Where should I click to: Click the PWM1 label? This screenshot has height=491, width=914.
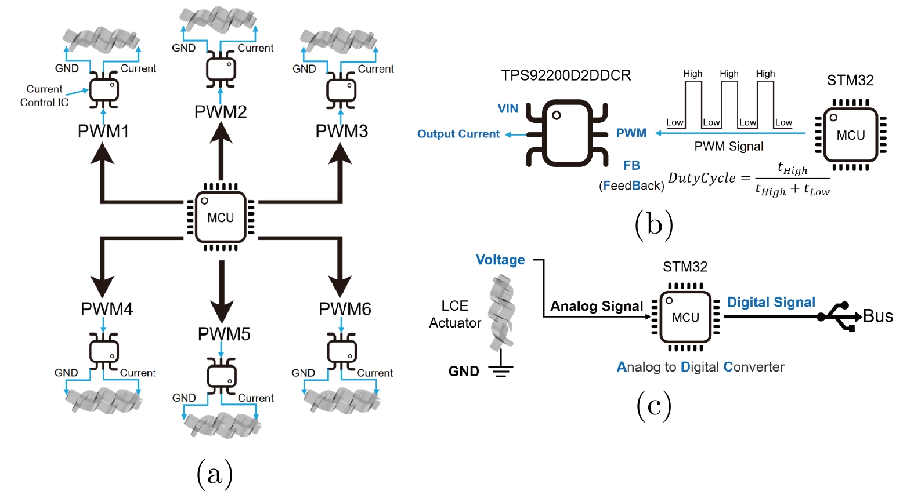tap(103, 132)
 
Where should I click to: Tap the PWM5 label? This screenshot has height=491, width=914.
tap(224, 334)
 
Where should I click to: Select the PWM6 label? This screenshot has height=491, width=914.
tap(345, 309)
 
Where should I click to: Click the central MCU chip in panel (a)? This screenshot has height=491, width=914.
tap(221, 217)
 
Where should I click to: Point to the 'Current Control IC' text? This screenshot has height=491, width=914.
tap(44, 96)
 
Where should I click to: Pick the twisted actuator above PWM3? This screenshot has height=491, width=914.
tap(338, 41)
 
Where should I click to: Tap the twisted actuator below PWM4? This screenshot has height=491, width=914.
tap(104, 401)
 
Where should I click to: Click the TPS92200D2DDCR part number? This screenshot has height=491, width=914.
tap(566, 75)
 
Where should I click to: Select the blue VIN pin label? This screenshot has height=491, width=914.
tap(508, 108)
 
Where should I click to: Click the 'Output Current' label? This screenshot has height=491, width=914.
tap(458, 134)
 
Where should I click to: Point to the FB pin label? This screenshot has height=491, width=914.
tap(631, 166)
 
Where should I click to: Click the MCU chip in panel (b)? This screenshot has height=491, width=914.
tap(850, 135)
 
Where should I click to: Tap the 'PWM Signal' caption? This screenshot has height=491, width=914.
tap(729, 147)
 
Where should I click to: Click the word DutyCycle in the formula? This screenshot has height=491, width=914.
tap(702, 178)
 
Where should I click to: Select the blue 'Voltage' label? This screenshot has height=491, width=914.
tap(500, 260)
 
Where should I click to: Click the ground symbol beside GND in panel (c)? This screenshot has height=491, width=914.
tap(501, 370)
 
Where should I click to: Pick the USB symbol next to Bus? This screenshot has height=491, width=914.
tap(839, 317)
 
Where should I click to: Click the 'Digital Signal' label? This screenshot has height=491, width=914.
tap(771, 303)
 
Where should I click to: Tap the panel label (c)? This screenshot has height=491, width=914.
tap(654, 405)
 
